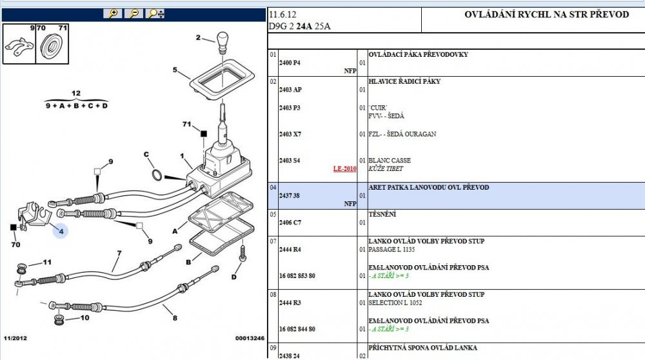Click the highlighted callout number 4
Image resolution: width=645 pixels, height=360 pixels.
61,232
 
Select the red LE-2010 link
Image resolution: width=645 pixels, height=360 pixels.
344,168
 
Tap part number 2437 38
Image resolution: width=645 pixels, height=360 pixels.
289,196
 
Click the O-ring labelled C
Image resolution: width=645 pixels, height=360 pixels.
157,175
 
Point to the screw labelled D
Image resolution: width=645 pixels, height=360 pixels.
243,254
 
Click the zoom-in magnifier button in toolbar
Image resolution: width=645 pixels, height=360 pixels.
113,14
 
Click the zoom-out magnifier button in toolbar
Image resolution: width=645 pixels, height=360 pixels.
134,14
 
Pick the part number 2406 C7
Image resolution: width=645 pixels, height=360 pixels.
290,223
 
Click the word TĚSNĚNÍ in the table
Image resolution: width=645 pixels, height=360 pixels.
382,214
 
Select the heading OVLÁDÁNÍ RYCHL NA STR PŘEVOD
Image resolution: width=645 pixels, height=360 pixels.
547,14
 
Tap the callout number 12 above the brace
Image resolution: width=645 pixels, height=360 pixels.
76,94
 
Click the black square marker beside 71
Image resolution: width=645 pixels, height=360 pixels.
204,134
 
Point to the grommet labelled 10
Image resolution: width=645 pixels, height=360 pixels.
59,320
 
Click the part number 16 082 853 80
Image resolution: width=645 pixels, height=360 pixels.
297,276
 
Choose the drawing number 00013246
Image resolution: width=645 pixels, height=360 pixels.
250,338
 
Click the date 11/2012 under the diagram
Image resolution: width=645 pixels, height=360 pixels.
15,338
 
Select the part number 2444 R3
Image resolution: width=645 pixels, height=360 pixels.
290,303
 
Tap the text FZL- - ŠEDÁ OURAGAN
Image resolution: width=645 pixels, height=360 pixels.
402,134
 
